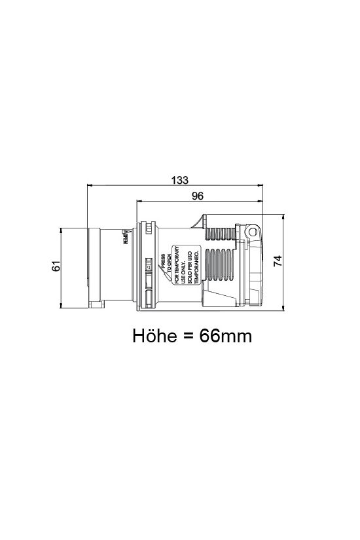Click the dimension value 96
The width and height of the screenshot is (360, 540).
198,196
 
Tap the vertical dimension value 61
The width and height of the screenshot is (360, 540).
57,266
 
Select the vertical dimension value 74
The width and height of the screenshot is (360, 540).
278,260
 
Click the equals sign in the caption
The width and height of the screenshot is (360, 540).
187,336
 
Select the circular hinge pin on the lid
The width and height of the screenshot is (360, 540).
251,233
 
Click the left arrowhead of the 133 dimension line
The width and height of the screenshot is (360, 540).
90,186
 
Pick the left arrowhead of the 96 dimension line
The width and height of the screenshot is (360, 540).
139,202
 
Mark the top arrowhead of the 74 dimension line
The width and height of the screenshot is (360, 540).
283,215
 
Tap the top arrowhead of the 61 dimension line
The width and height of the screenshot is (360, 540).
61,230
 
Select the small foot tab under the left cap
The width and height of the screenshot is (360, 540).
97,305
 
